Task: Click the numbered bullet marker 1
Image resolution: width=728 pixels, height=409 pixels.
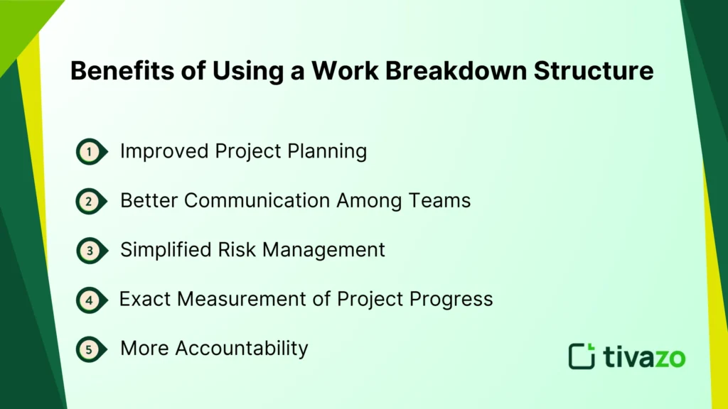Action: pos(89,151)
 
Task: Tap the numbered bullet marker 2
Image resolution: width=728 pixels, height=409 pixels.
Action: pos(89,201)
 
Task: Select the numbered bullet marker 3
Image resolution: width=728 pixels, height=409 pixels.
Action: pos(89,250)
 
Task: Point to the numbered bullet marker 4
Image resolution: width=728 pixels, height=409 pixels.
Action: pos(89,300)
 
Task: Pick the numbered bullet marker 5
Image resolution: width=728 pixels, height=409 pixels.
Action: pos(89,349)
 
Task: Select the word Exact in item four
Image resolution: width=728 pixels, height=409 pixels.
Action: pos(145,299)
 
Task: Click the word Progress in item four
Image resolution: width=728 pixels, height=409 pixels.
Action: pos(452,299)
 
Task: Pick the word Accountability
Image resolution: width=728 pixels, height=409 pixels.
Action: pos(242,349)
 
